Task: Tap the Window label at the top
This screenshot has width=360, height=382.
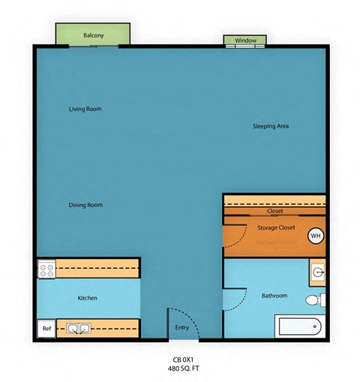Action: (245, 40)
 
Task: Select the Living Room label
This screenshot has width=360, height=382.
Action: (85, 110)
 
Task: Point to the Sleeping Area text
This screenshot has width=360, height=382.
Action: (271, 126)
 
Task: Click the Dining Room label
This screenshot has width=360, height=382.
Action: (85, 205)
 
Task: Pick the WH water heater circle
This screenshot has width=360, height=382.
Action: (316, 235)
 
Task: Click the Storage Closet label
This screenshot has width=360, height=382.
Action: (276, 227)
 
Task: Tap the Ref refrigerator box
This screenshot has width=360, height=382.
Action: (46, 329)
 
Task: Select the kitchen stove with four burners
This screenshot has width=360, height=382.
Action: (46, 268)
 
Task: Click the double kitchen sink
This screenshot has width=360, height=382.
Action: (77, 329)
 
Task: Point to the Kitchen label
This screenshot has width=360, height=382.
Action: (88, 298)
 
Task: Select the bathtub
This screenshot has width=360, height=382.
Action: (300, 326)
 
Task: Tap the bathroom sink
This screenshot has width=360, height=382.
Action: (318, 272)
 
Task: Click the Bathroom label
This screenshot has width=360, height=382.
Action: (274, 296)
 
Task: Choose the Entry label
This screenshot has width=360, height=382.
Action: (182, 327)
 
